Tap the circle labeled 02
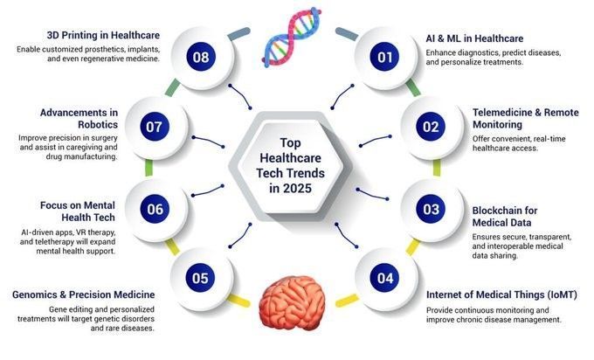click(430, 127)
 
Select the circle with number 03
click(430, 209)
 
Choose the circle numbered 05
click(200, 279)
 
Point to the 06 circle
click(155, 209)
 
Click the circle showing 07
click(155, 127)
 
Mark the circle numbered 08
click(200, 59)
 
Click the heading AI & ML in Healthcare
click(474, 39)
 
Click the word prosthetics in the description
click(116, 48)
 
